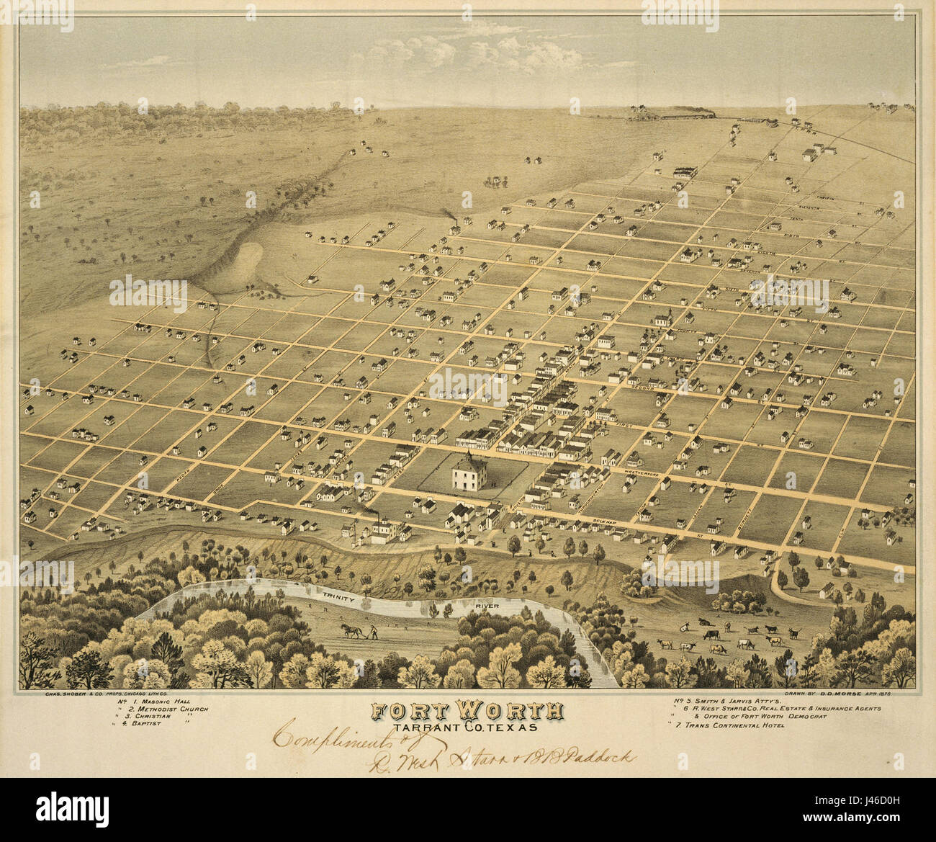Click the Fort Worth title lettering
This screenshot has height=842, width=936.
point(467,712)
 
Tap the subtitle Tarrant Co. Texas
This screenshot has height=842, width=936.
point(467,727)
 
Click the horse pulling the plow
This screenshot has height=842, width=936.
point(351,631)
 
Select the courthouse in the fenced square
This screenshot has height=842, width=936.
point(469,475)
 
